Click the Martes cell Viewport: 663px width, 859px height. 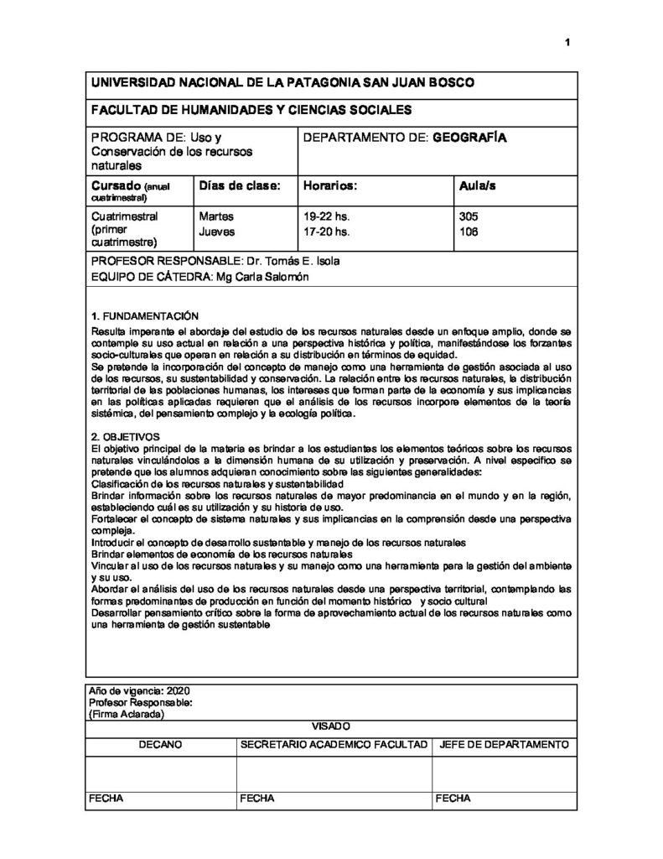pos(215,216)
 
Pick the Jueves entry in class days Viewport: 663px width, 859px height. pos(217,231)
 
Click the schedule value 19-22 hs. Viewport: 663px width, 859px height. pos(325,216)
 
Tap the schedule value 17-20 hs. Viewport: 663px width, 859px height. pos(325,231)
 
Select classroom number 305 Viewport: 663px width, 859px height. pos(469,216)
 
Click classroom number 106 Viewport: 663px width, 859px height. pos(469,231)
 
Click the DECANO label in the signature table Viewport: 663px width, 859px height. pos(160,745)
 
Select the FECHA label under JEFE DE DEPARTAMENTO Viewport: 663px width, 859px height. pos(453,799)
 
